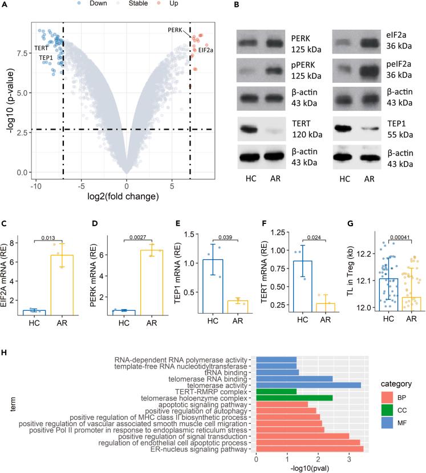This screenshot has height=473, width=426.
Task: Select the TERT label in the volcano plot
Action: (x=41, y=48)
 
